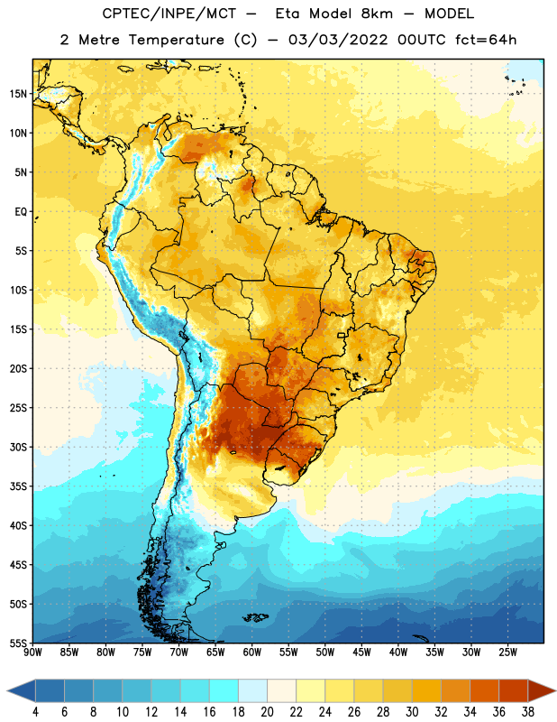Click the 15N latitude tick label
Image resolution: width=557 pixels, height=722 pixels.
(18, 94)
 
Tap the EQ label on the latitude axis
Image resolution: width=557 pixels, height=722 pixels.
(21, 212)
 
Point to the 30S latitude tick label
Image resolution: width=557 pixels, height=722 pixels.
(18, 447)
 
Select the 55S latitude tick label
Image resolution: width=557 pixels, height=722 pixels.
(18, 643)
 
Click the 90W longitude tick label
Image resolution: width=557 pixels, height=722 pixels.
(32, 653)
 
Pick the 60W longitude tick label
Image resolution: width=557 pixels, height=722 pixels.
(252, 653)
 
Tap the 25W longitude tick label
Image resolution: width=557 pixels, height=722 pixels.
(507, 653)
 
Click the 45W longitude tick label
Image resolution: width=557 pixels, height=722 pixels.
(361, 653)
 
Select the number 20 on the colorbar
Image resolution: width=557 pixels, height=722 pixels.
(267, 712)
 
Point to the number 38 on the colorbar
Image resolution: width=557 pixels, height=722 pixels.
(528, 712)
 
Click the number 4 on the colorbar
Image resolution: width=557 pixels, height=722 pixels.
(35, 712)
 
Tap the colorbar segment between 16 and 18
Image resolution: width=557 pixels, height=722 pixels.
(224, 690)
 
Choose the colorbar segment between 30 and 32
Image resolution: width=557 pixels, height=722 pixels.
(427, 690)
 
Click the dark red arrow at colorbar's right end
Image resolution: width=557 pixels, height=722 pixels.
(540, 690)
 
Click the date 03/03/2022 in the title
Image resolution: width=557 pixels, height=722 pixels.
(338, 40)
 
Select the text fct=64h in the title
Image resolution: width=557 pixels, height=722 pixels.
(486, 40)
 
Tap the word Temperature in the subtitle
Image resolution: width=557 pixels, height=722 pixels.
(176, 40)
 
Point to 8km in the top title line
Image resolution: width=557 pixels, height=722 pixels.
(377, 14)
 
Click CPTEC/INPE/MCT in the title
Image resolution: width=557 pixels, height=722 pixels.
(169, 14)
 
